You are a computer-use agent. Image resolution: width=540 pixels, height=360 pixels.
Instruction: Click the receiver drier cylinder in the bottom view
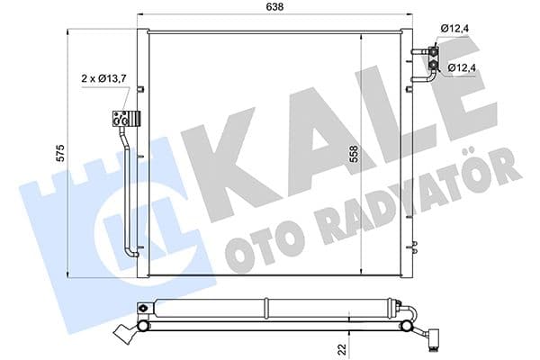(270, 308)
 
